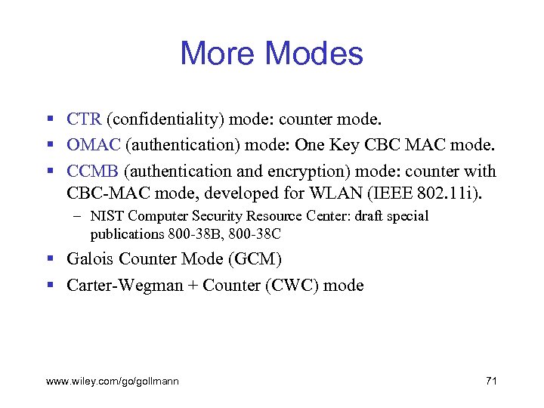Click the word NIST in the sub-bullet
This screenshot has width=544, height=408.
pos(105,217)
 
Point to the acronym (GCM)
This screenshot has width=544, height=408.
pos(257,259)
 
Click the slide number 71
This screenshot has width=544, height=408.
pos(490,381)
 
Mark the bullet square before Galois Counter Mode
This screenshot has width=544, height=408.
pos(50,260)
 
